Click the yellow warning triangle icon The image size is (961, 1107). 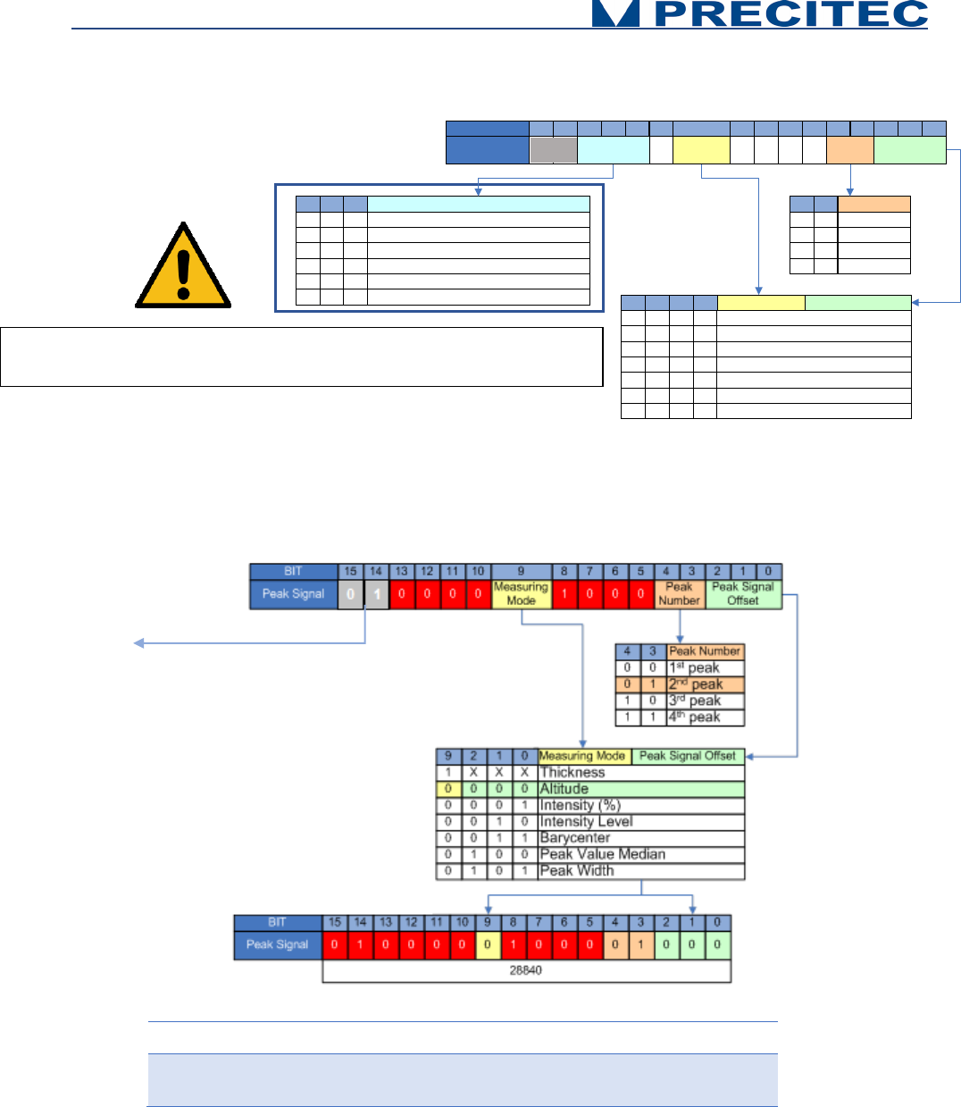[183, 267]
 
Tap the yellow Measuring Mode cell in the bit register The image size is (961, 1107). [521, 594]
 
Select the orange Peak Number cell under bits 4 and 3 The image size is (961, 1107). [679, 594]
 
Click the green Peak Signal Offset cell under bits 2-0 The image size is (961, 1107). [743, 594]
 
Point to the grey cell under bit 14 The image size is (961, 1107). [376, 594]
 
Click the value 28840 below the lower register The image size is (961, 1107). [525, 970]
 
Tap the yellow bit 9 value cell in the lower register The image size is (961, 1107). [488, 944]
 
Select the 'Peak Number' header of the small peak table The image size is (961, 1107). [705, 651]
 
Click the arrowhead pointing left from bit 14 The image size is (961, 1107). [138, 642]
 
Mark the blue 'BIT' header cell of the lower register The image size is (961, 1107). [277, 922]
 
